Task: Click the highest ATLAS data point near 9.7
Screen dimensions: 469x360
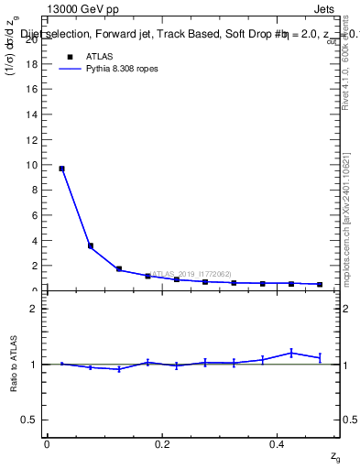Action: pos(61,169)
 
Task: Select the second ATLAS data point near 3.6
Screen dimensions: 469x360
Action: pos(90,245)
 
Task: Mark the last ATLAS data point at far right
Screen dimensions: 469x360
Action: pos(320,285)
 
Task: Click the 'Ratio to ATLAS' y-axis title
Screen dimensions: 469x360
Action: pos(14,365)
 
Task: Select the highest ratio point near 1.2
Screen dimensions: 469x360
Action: pos(291,353)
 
